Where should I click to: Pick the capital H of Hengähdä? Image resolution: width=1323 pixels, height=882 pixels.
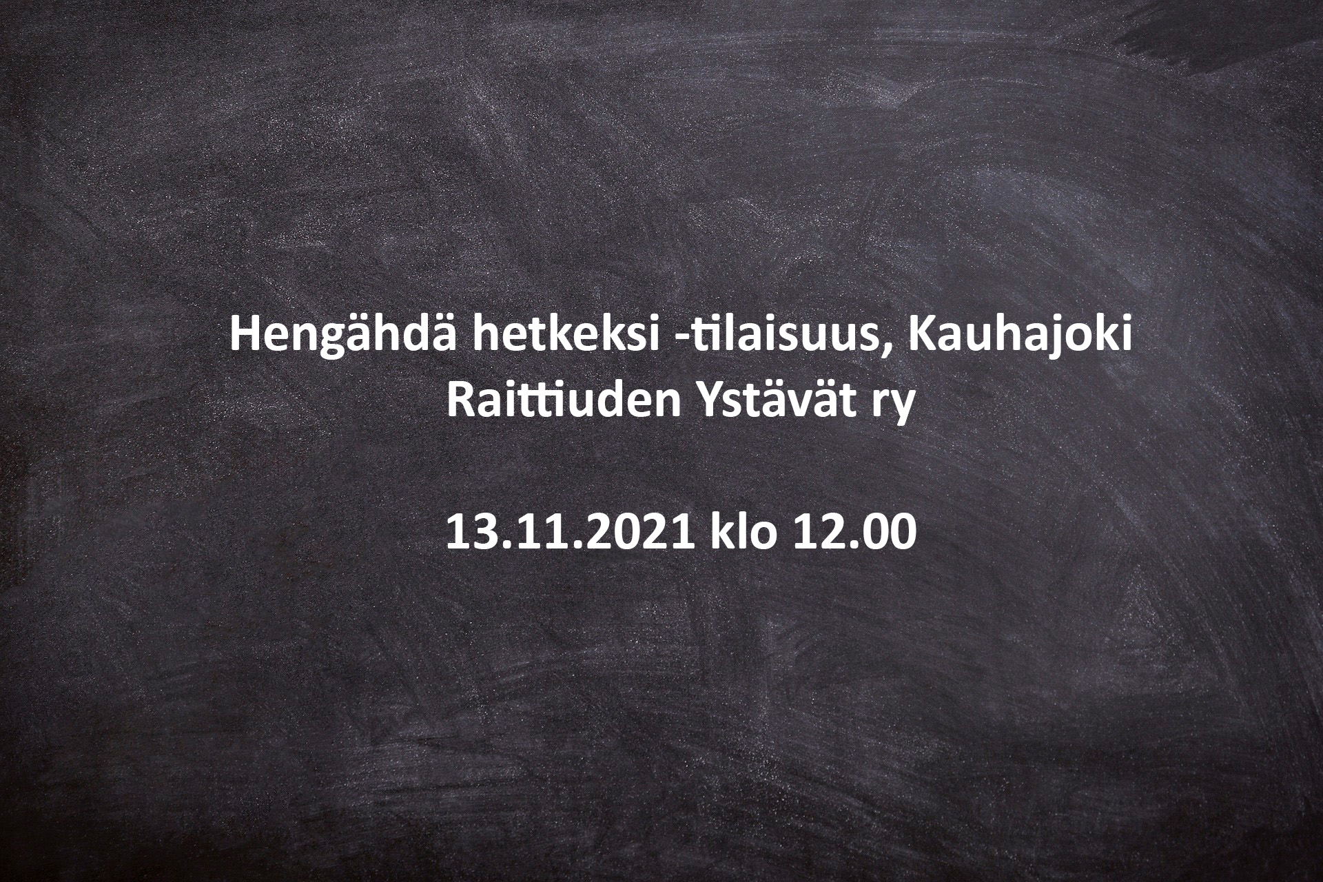(247, 336)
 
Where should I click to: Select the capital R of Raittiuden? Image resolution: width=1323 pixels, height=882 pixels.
(464, 402)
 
